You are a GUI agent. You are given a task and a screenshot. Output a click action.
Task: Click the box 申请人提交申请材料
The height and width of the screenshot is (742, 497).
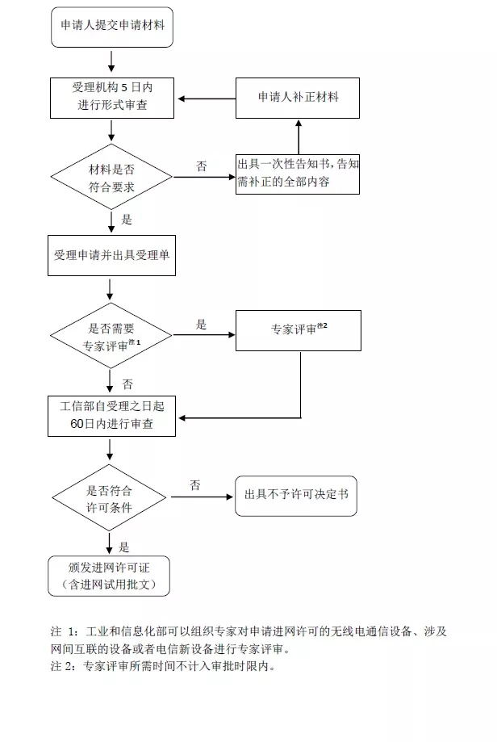click(x=111, y=25)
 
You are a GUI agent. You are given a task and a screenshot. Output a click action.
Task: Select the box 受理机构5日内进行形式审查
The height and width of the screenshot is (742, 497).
click(x=111, y=98)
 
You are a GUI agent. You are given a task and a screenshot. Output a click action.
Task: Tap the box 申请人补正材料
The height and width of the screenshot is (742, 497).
click(x=298, y=98)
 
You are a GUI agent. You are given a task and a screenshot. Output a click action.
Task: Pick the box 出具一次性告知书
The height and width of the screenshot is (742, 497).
click(x=298, y=173)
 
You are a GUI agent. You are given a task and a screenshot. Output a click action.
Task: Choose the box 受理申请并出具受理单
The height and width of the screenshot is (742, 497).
click(x=111, y=255)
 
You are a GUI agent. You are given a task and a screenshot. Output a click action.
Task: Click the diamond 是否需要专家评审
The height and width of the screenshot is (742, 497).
click(x=111, y=335)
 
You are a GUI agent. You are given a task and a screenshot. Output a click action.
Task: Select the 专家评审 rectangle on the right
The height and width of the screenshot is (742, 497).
click(x=298, y=329)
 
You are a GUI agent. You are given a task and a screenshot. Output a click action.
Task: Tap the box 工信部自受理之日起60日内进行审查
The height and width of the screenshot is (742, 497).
click(x=111, y=416)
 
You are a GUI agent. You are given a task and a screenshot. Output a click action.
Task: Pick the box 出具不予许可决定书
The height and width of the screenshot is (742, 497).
click(x=295, y=495)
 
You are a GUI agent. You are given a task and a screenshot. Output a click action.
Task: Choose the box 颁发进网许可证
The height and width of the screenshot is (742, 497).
click(x=109, y=575)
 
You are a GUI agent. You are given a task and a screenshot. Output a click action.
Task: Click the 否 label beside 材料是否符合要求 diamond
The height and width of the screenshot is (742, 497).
click(x=201, y=166)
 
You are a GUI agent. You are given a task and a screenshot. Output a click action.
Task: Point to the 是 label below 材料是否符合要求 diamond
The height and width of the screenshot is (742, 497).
click(x=127, y=219)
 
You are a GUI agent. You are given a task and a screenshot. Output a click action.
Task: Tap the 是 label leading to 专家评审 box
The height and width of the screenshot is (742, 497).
click(x=201, y=325)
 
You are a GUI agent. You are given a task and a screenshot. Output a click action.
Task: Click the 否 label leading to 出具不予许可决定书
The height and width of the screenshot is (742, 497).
click(x=194, y=484)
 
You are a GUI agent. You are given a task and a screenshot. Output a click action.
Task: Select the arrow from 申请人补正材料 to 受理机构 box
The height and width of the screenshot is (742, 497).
click(x=206, y=99)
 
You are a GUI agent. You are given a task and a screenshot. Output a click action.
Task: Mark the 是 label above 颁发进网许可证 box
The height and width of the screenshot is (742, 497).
click(x=124, y=547)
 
